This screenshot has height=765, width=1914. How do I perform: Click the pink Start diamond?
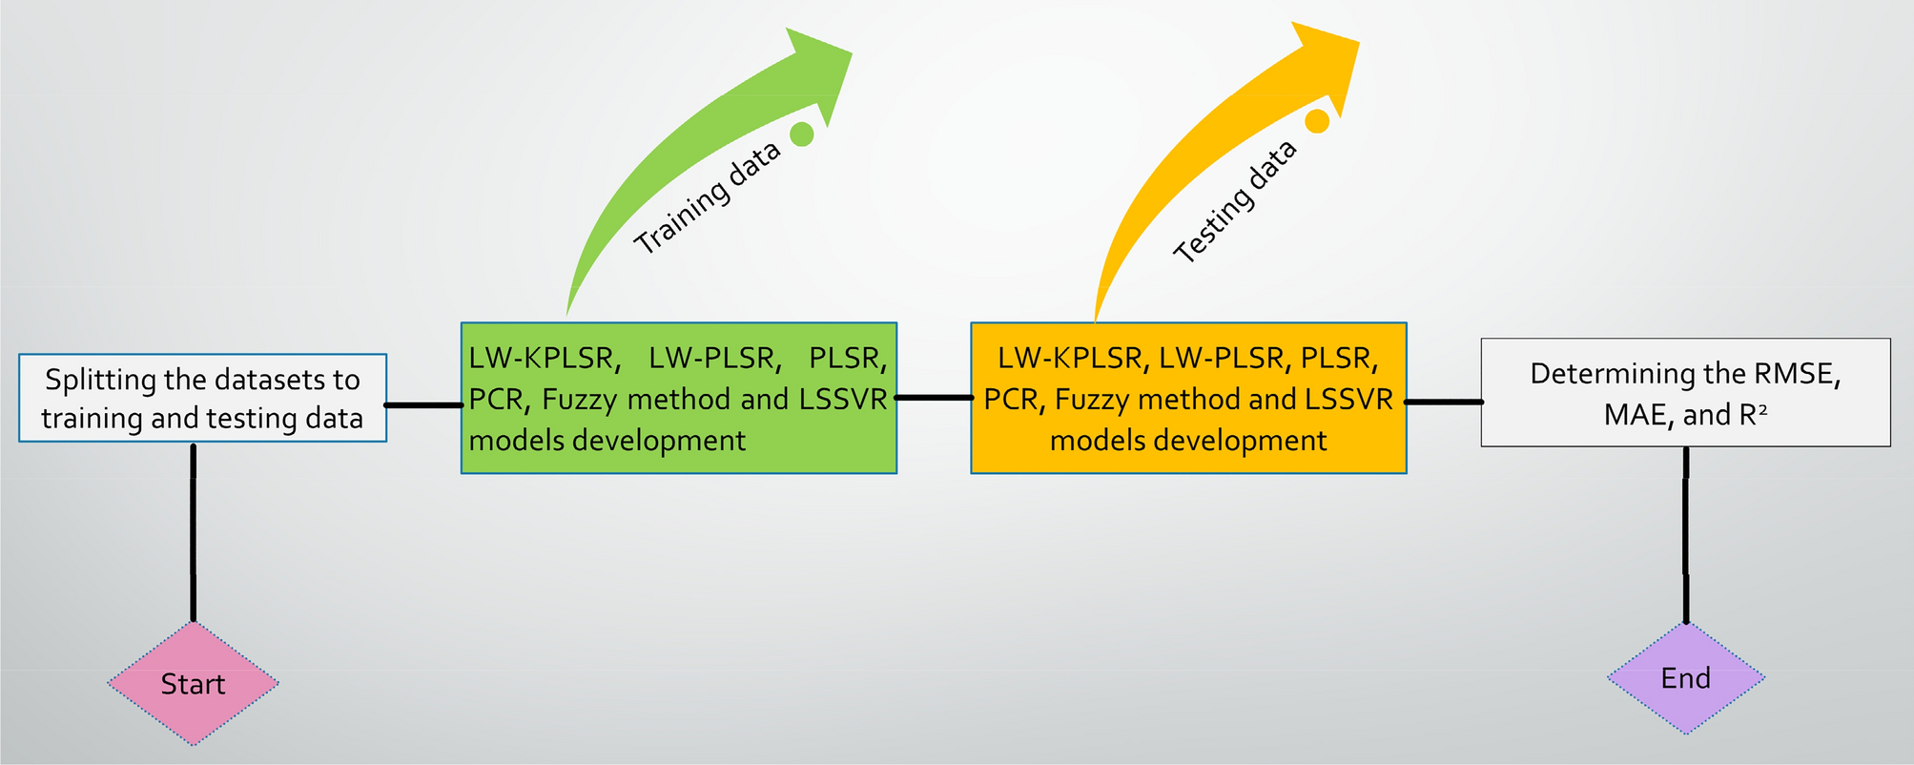pos(193,683)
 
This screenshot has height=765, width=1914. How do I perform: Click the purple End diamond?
pos(1685,678)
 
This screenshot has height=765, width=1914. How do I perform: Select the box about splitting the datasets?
pos(202,398)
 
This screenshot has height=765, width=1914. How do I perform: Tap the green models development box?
pos(678,398)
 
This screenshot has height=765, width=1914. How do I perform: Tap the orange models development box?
pos(1188,398)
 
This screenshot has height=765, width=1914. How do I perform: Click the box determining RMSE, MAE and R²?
pos(1685,392)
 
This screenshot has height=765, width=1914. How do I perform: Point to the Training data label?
pos(707,197)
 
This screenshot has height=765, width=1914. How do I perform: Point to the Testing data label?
pos(1234,201)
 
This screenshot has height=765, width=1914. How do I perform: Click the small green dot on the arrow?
pos(802,134)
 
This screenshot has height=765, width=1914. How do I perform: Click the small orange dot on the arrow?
pos(1316,121)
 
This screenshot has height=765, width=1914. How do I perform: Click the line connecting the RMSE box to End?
pos(1685,534)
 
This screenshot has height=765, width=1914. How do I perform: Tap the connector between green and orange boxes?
pos(934,397)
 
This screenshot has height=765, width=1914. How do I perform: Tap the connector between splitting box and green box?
pos(423,405)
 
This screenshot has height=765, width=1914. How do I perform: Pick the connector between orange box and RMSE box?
pos(1444,402)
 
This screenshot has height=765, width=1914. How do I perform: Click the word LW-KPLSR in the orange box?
pos(1070,358)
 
